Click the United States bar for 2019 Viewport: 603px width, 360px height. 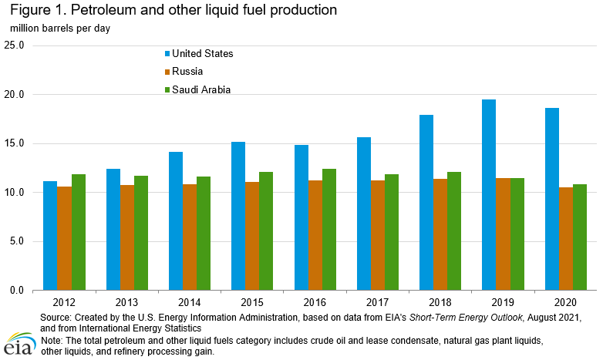pos(489,195)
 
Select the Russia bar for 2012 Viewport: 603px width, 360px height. pos(65,238)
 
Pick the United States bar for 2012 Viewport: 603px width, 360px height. pos(50,236)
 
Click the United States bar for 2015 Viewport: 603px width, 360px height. pos(238,216)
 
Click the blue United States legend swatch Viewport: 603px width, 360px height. pos(166,54)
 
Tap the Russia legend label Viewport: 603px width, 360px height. pos(187,72)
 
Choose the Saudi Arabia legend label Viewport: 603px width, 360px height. pos(201,89)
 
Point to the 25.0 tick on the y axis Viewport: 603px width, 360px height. pos(15,45)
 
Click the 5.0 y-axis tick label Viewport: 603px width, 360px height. pos(17,241)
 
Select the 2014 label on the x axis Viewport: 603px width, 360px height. pos(189,303)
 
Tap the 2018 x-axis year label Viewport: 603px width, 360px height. pos(440,303)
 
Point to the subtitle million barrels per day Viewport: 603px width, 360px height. pos(60,29)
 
